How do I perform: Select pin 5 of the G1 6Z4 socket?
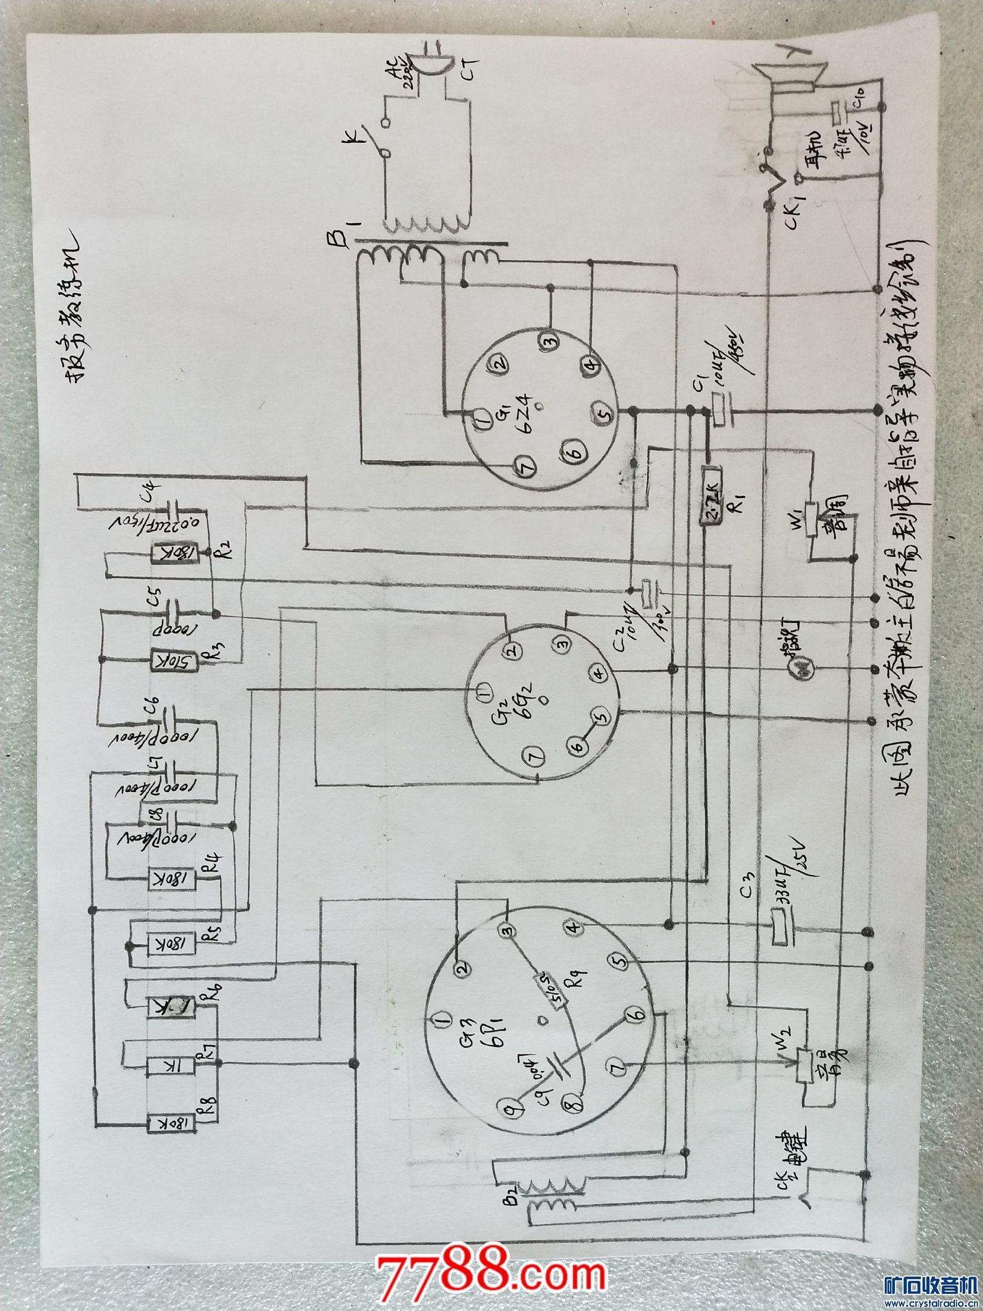pyautogui.click(x=605, y=415)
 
